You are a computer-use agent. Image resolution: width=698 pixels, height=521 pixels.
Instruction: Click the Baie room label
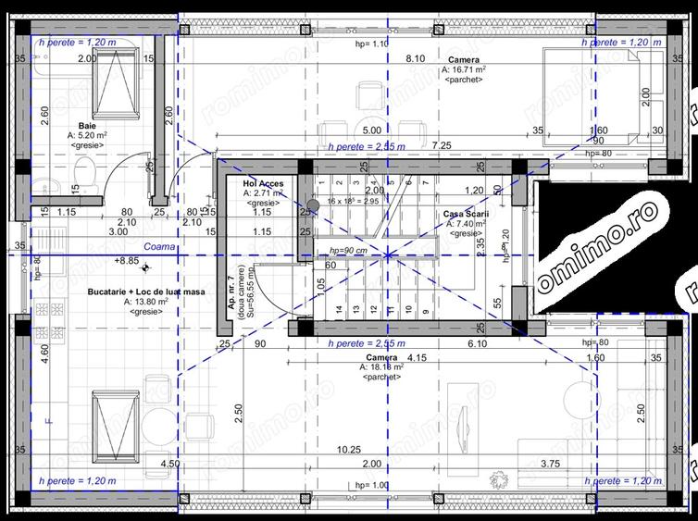pyautogui.click(x=87, y=125)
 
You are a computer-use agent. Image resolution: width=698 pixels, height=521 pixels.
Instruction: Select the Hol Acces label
pyautogui.click(x=263, y=184)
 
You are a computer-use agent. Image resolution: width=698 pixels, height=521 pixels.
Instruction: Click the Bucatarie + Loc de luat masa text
pyautogui.click(x=147, y=291)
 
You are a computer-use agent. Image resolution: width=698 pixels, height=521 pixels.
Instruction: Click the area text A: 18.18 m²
pyautogui.click(x=381, y=367)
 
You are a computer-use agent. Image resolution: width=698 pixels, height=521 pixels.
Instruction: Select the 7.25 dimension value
pyautogui.click(x=441, y=145)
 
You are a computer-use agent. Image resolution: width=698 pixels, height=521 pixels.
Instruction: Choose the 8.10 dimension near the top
pyautogui.click(x=415, y=58)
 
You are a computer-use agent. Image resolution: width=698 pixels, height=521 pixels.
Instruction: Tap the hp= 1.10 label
pyautogui.click(x=371, y=43)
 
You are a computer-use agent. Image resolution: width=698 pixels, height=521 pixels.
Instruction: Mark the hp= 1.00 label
pyautogui.click(x=371, y=486)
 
